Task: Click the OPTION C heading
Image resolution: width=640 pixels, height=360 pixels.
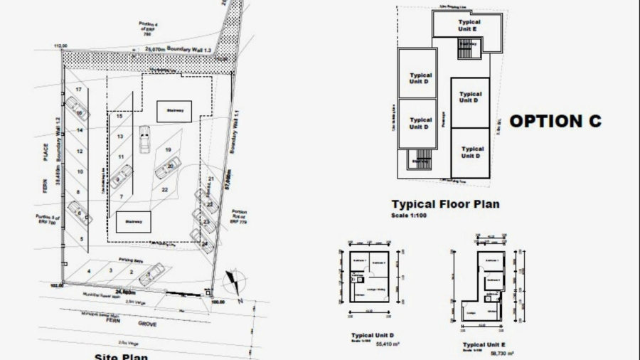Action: coord(555,122)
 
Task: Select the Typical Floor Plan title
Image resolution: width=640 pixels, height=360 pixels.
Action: coord(445,204)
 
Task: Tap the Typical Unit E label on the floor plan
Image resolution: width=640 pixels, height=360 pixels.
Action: coord(469,26)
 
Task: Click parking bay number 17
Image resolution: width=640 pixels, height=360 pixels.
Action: coord(78,89)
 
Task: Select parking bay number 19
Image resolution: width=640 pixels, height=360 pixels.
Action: coord(169,150)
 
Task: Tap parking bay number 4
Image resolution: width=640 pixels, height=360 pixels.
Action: coord(89,271)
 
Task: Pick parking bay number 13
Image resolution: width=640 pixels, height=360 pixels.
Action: coord(121,136)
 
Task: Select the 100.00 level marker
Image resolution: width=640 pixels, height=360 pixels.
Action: coord(218,302)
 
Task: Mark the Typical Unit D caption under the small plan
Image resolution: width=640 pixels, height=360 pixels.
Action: coord(372,334)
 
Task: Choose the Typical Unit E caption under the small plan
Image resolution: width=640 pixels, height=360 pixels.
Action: coord(484,344)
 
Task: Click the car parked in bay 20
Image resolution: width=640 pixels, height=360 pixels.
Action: coord(169,168)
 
